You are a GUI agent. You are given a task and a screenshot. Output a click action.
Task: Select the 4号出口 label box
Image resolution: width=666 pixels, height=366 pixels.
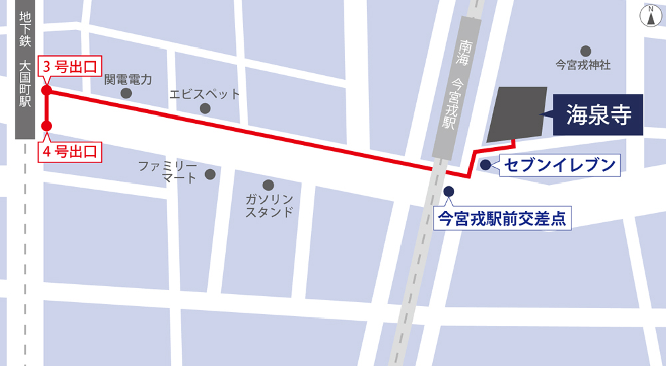click(70, 152)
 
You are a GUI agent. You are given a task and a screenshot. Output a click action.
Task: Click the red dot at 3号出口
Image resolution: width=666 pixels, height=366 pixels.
click(47, 91)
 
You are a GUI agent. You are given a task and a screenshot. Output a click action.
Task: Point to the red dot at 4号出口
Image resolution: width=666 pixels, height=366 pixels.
click(47, 126)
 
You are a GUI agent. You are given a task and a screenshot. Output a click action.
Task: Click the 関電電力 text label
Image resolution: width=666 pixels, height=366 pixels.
click(129, 79)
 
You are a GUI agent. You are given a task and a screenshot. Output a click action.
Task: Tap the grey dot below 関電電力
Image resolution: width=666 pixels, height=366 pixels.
click(126, 93)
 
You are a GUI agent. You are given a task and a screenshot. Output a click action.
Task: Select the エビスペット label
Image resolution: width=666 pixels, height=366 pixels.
click(204, 94)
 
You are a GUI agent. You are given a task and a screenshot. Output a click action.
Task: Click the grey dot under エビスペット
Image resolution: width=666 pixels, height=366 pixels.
click(204, 108)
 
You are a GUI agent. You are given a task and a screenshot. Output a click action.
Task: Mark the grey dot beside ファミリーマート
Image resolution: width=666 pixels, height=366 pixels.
click(210, 174)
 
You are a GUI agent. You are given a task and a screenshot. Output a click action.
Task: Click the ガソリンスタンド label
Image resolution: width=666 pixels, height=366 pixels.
click(269, 206)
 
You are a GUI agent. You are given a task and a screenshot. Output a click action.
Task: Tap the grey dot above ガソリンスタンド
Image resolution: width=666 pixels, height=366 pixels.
click(268, 184)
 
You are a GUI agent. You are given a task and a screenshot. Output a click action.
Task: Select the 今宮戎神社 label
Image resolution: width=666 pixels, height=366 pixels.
click(583, 65)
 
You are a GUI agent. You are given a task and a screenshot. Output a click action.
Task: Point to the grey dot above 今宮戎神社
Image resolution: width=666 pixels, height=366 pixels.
click(585, 51)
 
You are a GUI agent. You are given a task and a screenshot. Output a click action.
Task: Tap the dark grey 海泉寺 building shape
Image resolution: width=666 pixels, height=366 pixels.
click(516, 114)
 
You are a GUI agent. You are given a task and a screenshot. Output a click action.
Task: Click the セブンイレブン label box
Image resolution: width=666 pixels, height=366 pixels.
click(559, 164)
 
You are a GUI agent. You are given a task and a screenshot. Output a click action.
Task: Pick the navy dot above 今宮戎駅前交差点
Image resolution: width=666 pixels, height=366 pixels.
click(448, 192)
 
